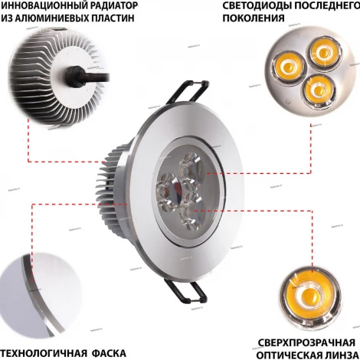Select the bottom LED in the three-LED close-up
point(316,90)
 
